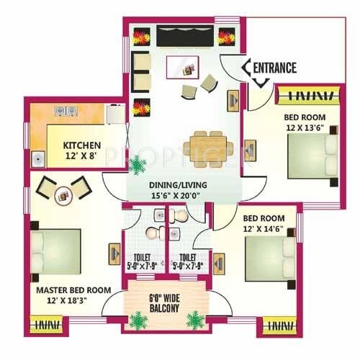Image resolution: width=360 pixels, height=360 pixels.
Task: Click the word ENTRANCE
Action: pos(275,68)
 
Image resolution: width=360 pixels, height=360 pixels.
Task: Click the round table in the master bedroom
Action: pos(64,193)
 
